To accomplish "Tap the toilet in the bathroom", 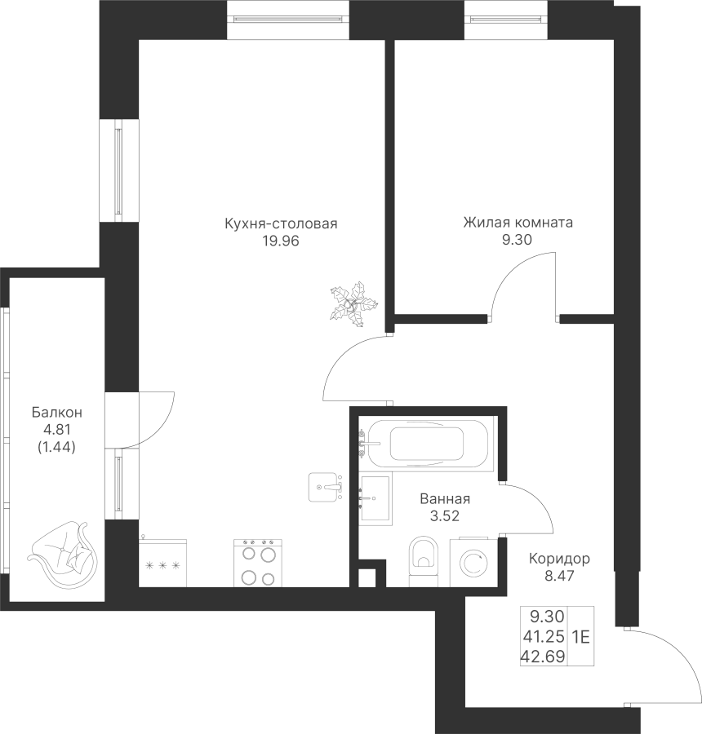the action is click(x=423, y=561).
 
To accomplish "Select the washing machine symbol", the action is click(x=473, y=563).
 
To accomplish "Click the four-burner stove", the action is click(x=258, y=563).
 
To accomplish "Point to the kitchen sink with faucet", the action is click(x=325, y=488).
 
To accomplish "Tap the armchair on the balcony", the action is click(x=63, y=553).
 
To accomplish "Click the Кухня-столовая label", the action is click(x=281, y=223).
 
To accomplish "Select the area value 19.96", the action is click(x=281, y=241).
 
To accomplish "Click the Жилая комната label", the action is click(x=518, y=222).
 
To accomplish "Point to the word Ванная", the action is click(x=445, y=499).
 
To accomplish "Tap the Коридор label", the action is click(x=559, y=559).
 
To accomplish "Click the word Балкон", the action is click(x=56, y=413).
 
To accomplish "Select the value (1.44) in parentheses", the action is click(x=56, y=448).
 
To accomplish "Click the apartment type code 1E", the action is click(x=580, y=637).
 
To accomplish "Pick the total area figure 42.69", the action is click(x=542, y=657).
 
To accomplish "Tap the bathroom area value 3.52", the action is click(x=445, y=516).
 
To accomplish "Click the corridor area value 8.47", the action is click(x=559, y=575).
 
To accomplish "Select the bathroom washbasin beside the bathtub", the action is click(x=375, y=498).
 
